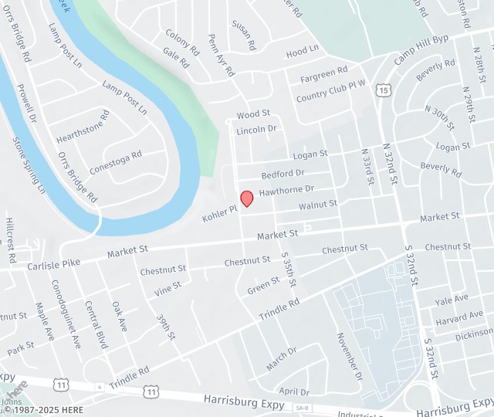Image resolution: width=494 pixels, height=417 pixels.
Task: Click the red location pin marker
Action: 247,198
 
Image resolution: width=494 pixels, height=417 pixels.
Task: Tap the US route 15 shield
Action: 384,91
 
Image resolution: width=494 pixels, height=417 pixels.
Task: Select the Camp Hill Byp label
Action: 421,49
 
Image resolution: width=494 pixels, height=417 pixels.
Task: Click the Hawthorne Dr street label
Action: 286,189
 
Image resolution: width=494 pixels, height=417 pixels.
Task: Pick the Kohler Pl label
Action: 218,214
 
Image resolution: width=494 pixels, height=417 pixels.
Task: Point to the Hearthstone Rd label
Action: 83,128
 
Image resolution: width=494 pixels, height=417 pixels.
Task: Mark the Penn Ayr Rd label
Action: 221,55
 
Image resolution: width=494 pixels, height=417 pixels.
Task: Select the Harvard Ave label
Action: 459,317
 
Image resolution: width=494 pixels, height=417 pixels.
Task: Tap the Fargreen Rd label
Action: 324,74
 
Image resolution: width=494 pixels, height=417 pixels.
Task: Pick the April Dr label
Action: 294,392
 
